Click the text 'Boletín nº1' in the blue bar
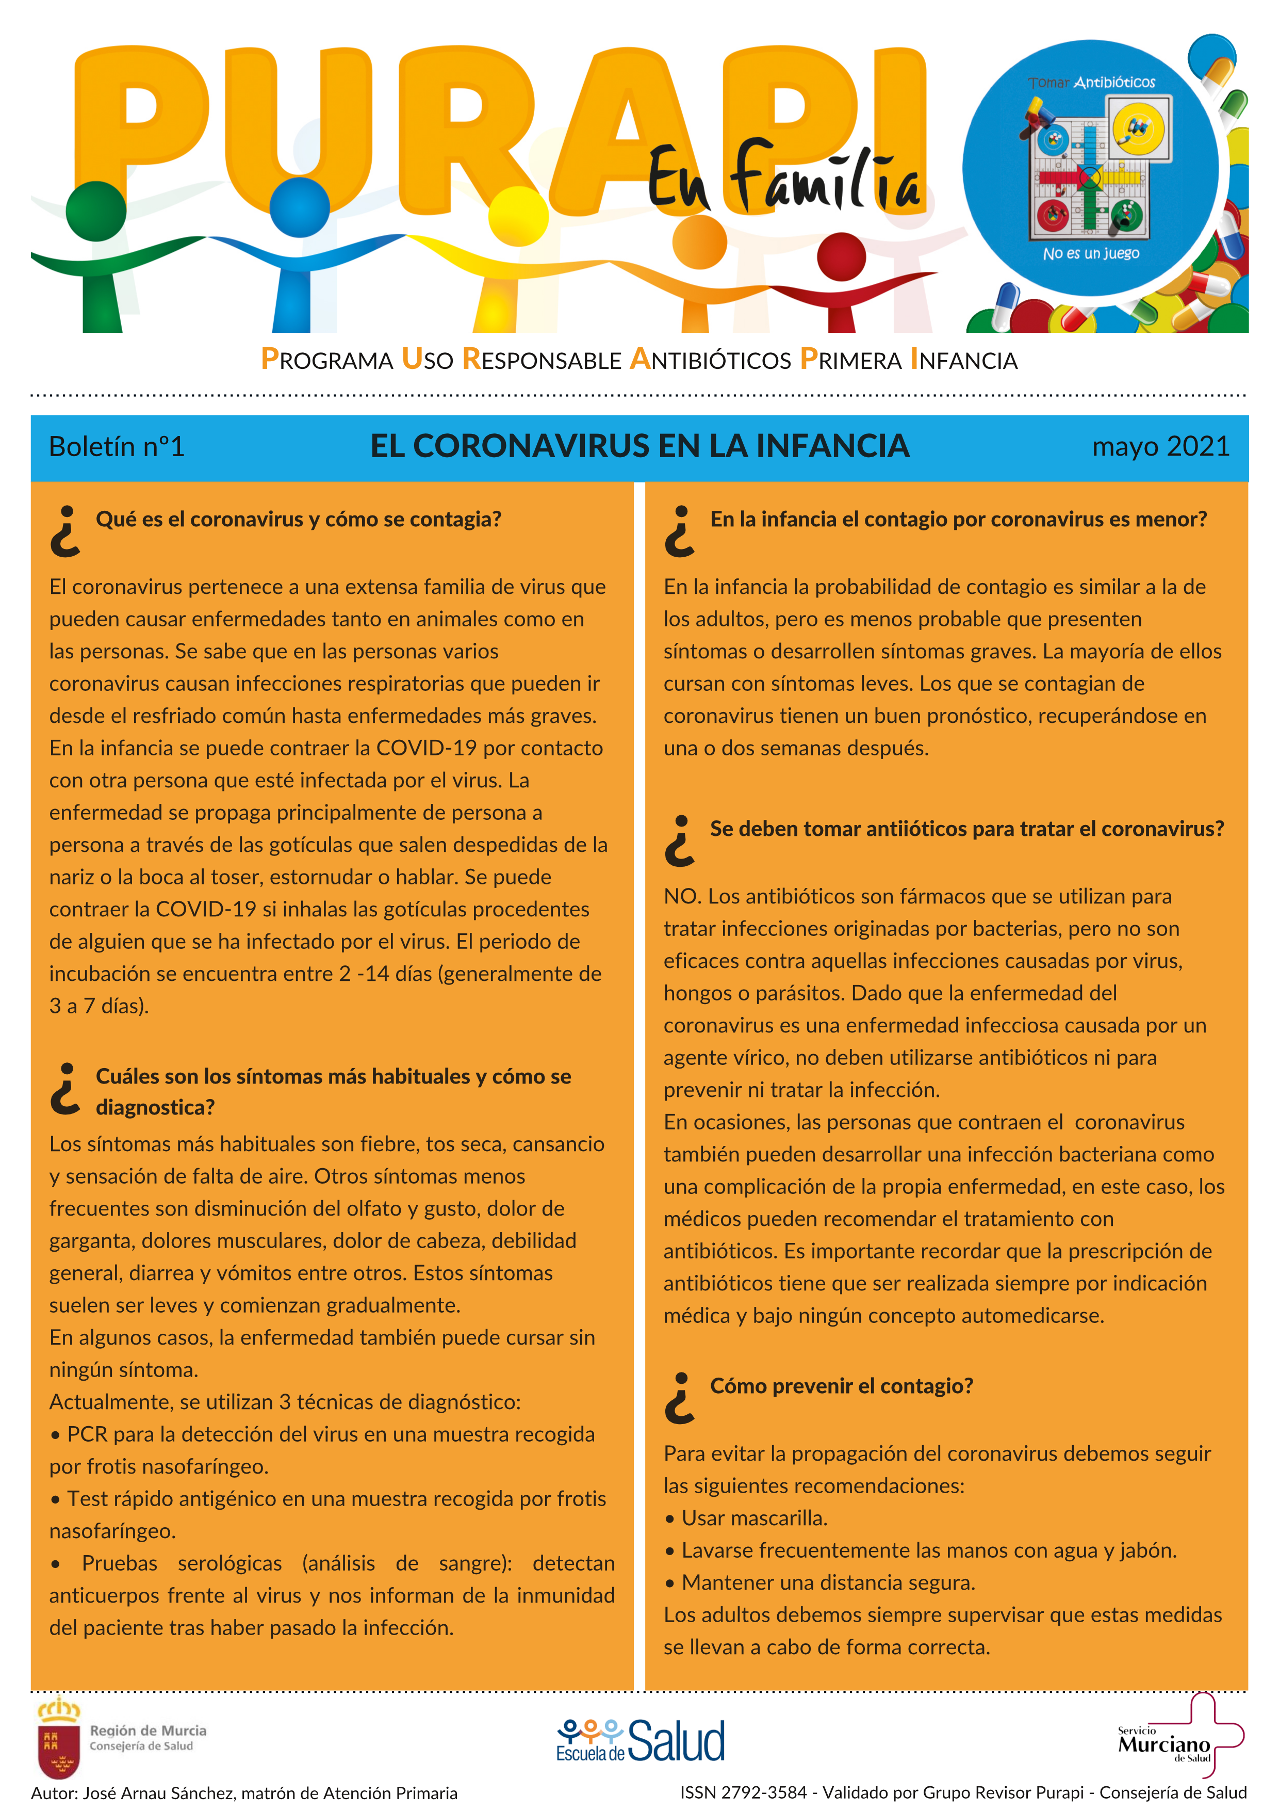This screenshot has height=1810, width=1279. point(117,447)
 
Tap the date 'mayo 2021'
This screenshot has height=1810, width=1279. point(1160,447)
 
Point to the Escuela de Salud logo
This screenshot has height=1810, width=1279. point(640,1743)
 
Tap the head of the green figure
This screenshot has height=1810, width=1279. point(96,211)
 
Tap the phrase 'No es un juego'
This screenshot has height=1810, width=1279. point(1091,254)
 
